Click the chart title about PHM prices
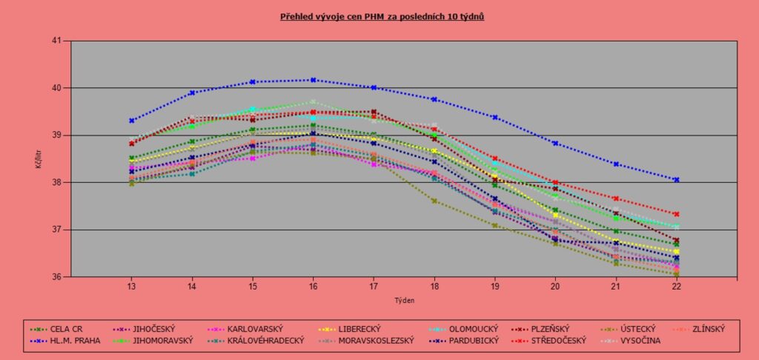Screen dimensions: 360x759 382,16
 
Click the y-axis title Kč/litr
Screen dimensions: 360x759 38,159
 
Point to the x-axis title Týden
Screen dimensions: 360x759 404,301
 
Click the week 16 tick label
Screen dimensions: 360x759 313,287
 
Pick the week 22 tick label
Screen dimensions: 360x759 676,287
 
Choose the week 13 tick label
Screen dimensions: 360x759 131,287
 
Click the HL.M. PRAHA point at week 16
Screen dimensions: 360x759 313,80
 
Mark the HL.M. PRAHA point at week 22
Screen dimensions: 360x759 676,180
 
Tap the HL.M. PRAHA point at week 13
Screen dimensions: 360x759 131,120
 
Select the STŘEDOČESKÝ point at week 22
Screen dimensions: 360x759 676,214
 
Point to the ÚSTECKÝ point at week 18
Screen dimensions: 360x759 434,201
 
